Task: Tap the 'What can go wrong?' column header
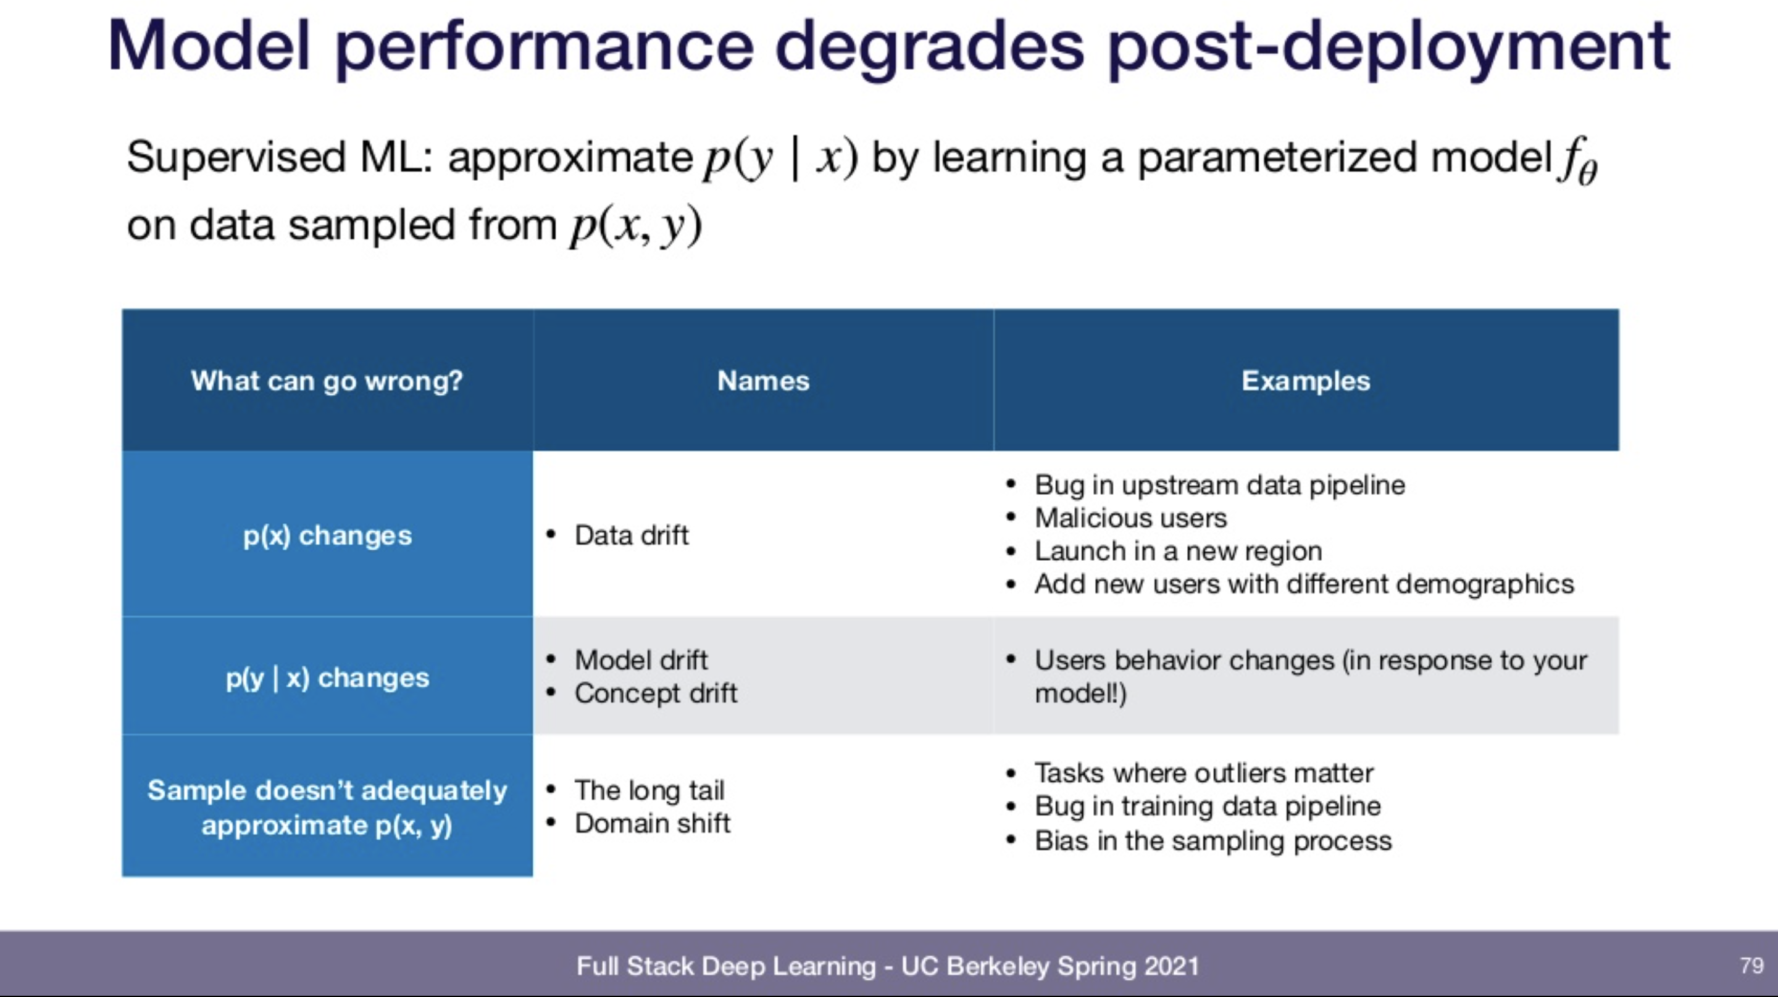(327, 381)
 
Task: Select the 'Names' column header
(764, 381)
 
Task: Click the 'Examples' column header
(1306, 381)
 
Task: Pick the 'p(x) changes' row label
(327, 536)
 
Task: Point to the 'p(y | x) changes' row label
(327, 678)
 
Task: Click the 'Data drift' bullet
(632, 535)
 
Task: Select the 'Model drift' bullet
(641, 660)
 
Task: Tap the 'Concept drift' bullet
(656, 693)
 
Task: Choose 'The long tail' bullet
(649, 790)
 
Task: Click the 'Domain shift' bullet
(653, 823)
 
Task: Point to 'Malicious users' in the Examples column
(1130, 518)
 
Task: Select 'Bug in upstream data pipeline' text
(1220, 485)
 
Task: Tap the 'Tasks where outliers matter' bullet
(1204, 773)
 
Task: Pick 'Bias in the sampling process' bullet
(1212, 840)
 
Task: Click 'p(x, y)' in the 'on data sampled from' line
(636, 226)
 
